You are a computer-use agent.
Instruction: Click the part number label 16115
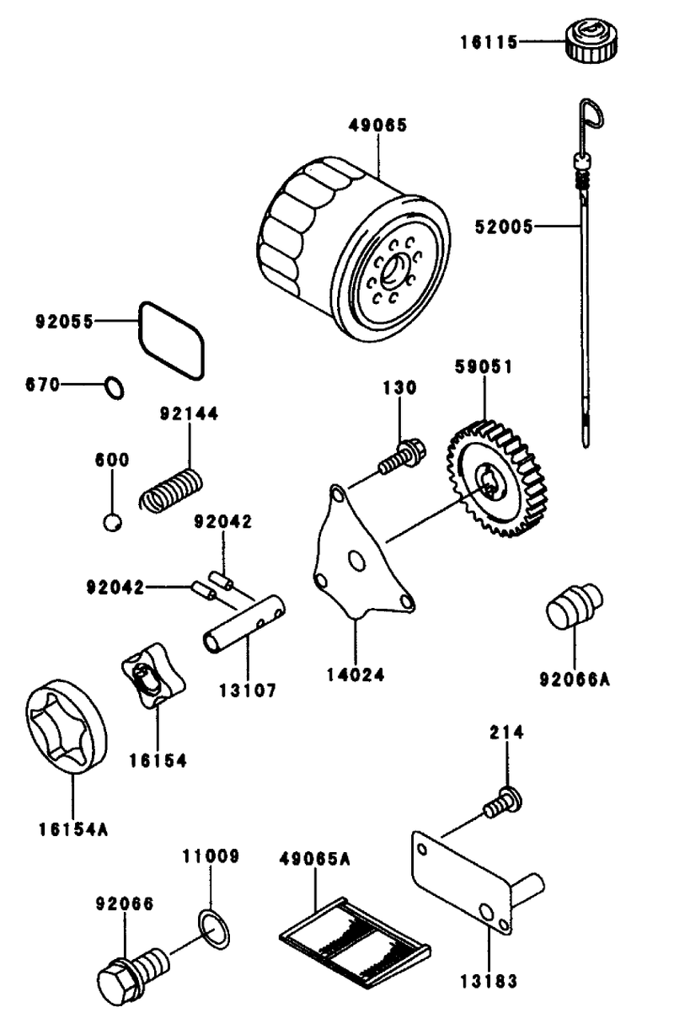click(489, 42)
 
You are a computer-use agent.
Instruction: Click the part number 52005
click(504, 227)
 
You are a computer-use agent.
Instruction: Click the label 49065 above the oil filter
click(377, 125)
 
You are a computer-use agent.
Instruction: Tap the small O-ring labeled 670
click(114, 387)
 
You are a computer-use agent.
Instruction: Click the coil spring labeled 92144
click(171, 490)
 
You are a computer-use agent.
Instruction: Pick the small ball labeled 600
click(112, 523)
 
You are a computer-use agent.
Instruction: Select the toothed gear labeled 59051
click(496, 478)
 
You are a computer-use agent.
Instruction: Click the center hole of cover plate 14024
click(356, 561)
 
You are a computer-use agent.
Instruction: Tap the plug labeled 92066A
click(575, 606)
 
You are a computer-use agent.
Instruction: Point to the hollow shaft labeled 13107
click(244, 624)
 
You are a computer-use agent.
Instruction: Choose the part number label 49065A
click(314, 859)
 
